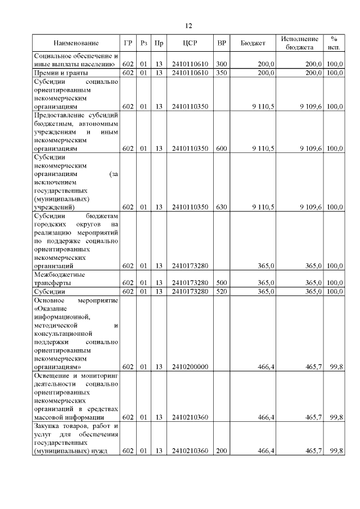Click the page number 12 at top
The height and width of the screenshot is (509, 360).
pos(188,25)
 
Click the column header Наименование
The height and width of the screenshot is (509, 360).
pos(76,43)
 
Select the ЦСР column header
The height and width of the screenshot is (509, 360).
pos(188,43)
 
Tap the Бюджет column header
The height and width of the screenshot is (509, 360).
pos(253,43)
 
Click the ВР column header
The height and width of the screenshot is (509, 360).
pos(222,43)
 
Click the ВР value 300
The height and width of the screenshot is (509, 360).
pos(222,65)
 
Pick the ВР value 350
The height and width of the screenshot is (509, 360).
pos(222,73)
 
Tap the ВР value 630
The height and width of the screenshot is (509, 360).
pos(222,207)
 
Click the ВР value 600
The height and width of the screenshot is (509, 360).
pos(222,148)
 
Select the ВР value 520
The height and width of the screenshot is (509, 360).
pos(222,291)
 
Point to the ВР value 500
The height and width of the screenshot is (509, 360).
pos(222,282)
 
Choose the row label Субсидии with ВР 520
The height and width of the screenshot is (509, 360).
pos(49,291)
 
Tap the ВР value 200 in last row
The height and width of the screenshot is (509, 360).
pos(222,451)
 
